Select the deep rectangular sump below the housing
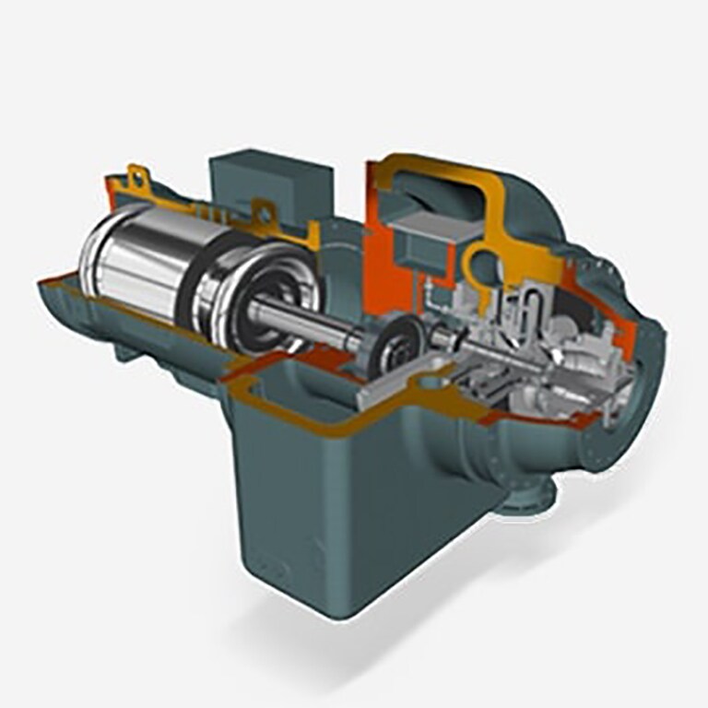[x=350, y=516]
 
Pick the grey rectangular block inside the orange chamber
[x=420, y=242]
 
